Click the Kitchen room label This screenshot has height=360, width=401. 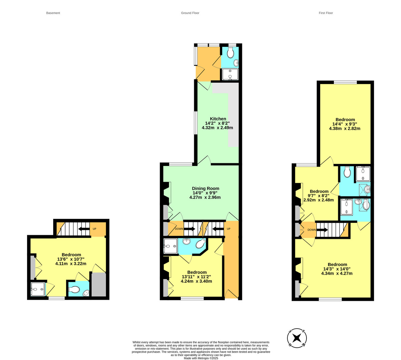coord(218,119)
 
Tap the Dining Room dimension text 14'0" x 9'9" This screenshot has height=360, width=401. coord(205,193)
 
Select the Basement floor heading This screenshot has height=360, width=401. coord(53,13)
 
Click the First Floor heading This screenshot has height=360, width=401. coord(326,13)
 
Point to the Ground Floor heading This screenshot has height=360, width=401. coord(190,13)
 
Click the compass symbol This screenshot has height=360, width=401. coord(297,338)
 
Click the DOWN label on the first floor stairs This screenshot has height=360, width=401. coord(311,230)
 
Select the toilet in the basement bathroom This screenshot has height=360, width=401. coord(74,289)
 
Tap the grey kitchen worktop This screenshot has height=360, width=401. coord(233,114)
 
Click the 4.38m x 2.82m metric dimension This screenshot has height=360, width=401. coord(345,128)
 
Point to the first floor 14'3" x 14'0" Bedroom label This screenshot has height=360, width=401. coord(337,264)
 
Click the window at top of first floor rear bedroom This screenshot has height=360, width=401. coord(345,82)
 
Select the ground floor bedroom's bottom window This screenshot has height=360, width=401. coord(192,298)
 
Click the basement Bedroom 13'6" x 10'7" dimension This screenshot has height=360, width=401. coord(71,259)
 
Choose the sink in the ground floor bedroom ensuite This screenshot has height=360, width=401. coord(187,241)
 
